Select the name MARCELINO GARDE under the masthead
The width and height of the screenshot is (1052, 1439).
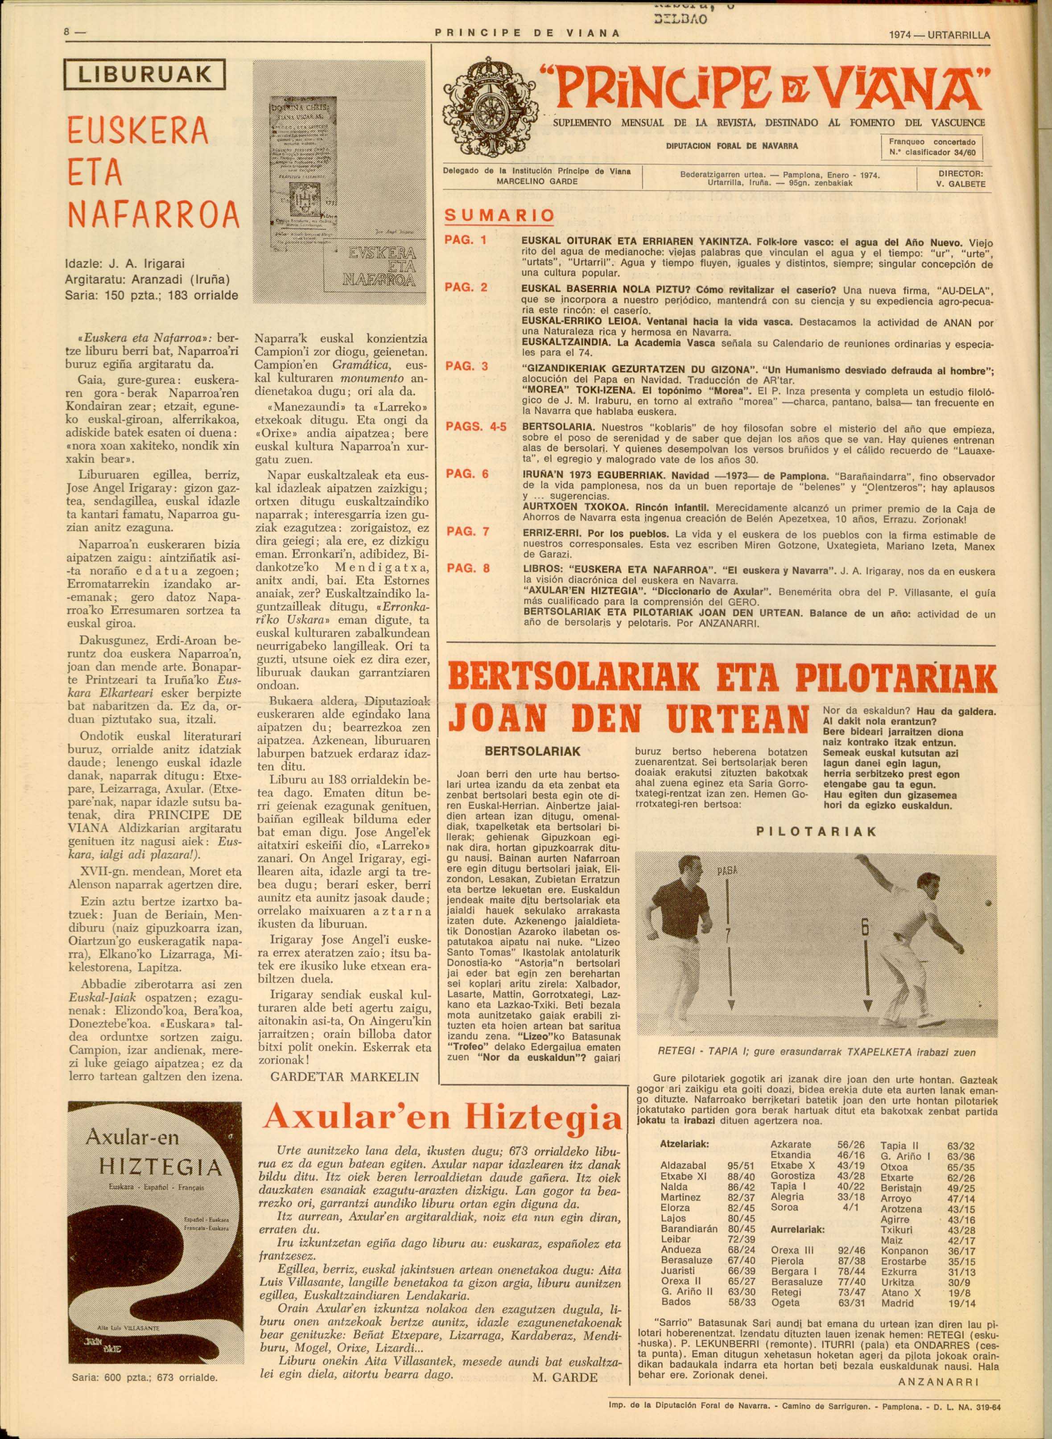[537, 181]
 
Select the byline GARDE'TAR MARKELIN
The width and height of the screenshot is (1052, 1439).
[345, 1077]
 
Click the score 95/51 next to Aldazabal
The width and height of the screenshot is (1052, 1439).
[741, 1183]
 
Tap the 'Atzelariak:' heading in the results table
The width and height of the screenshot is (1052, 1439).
[685, 1161]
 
